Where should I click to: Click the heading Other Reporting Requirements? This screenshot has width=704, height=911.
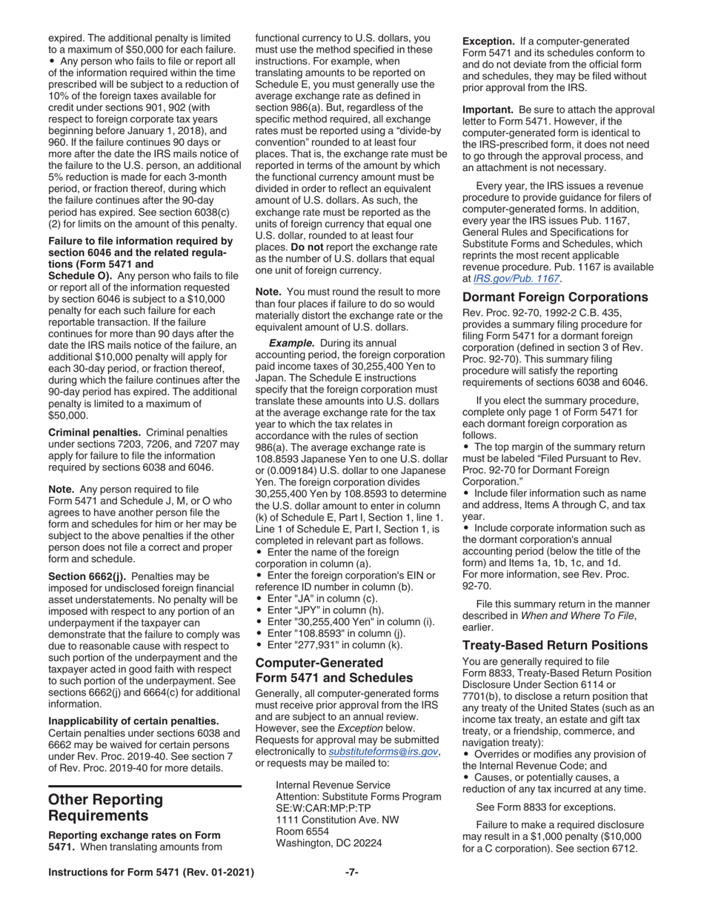105,809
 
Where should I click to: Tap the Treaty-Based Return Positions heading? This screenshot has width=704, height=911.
555,645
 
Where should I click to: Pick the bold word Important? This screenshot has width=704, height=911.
489,110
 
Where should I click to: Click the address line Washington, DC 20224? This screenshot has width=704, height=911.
329,843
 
